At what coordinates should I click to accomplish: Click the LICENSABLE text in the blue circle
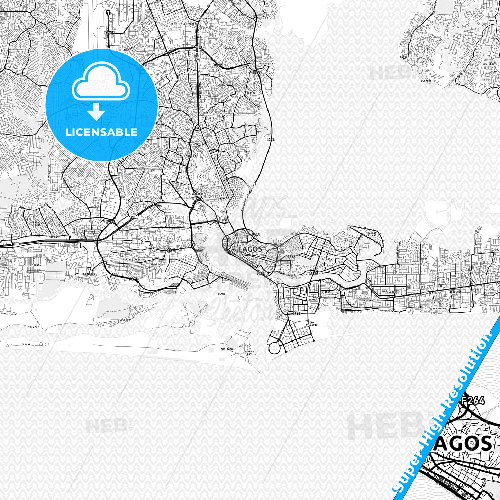(101, 132)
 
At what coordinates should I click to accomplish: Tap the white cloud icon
(101, 82)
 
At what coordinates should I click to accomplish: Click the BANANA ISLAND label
(372, 234)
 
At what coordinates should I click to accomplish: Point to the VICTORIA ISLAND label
(311, 298)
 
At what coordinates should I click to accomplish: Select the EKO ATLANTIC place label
(311, 324)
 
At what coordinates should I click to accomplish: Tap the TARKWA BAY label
(249, 353)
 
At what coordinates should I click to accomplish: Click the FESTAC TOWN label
(36, 224)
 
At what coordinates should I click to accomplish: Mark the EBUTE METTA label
(234, 189)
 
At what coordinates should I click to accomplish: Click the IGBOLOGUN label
(125, 320)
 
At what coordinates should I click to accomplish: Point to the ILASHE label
(26, 344)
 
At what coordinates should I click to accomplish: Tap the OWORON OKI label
(265, 64)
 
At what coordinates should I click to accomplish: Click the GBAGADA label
(229, 48)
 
